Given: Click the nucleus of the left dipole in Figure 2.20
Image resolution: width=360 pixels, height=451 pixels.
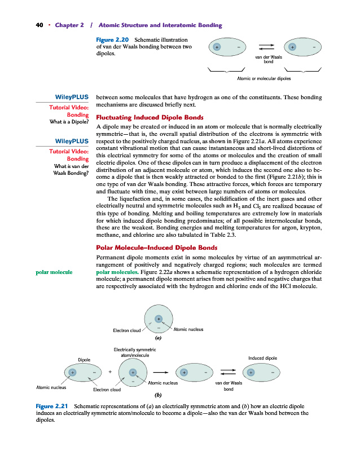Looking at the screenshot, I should pos(217,47).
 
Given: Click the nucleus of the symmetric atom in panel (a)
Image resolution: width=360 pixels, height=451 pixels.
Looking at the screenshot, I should pos(159,319).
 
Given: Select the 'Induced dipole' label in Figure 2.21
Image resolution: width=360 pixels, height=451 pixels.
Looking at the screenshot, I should pos(262,358).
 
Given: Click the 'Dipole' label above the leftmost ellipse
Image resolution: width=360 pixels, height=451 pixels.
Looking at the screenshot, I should pos(84,359).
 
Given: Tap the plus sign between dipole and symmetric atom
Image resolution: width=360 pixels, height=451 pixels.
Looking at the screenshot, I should pos(110,372).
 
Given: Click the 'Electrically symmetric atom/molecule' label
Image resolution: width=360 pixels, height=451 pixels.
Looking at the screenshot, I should pos(135,353).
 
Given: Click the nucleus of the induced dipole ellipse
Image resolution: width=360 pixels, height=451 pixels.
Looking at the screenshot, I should pos(251,372).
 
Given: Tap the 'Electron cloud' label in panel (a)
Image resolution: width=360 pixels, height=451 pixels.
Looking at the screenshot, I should pos(126,330).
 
